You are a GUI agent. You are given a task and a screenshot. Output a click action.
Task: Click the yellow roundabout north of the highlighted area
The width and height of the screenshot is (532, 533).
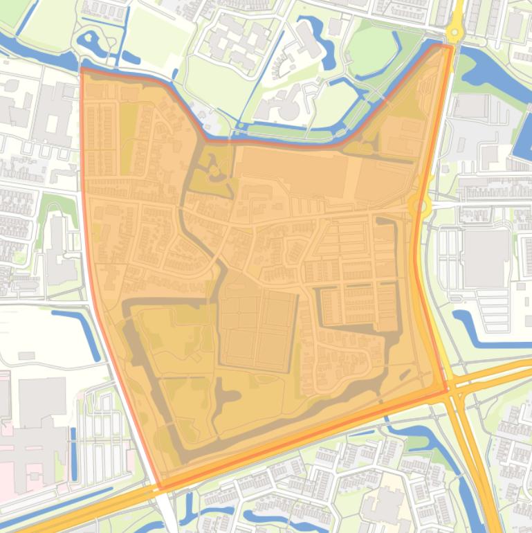pyautogui.click(x=455, y=31)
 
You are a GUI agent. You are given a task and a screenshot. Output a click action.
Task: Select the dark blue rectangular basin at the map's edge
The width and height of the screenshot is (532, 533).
pyautogui.click(x=523, y=142)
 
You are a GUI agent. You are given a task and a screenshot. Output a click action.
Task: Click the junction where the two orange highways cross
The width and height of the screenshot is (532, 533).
pyautogui.click(x=455, y=394)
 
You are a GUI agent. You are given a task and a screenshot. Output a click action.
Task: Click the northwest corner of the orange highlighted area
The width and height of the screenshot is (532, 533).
pyautogui.click(x=82, y=69)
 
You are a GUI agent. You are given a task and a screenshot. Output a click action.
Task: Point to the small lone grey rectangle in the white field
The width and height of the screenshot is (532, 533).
pyautogui.click(x=27, y=356)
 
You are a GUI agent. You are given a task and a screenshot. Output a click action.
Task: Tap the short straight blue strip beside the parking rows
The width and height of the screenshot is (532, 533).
pyautogui.click(x=73, y=453)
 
